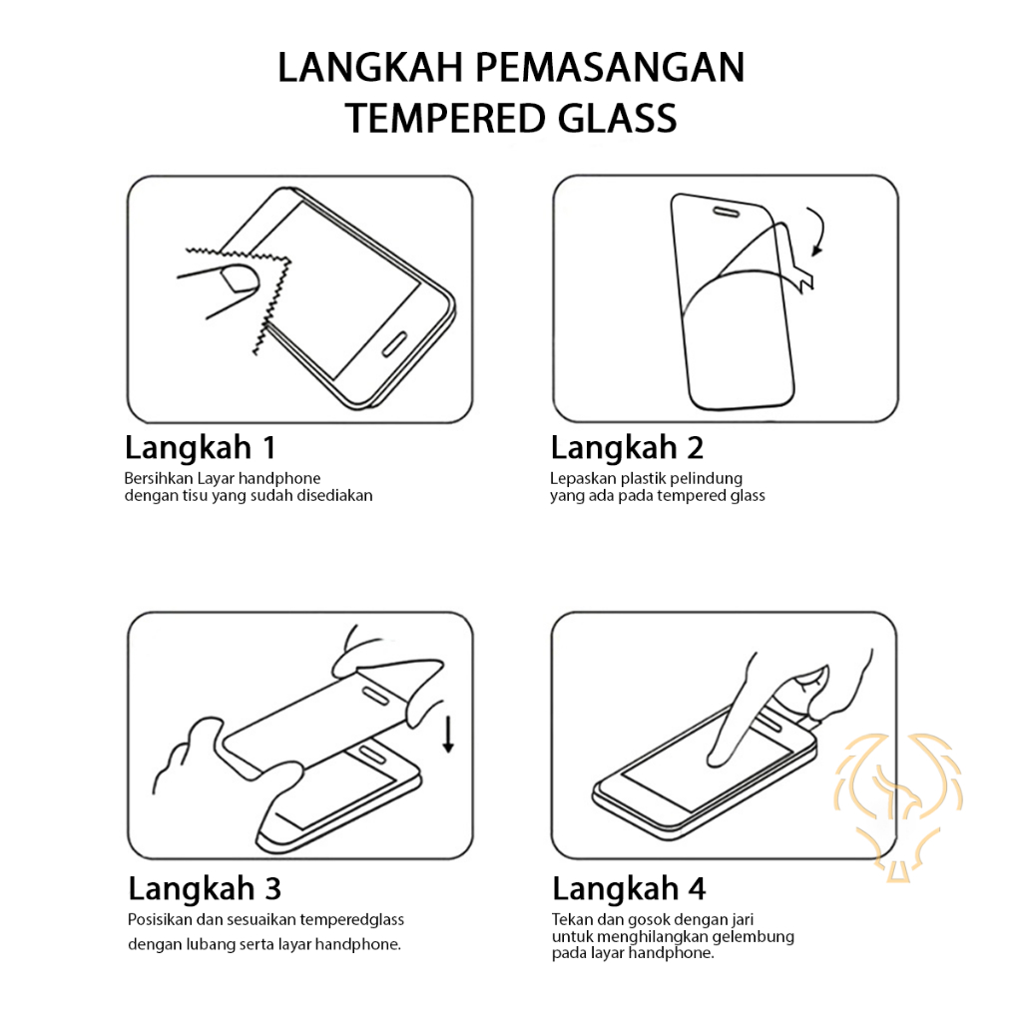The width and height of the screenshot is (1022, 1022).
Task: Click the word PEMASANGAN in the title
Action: [610, 67]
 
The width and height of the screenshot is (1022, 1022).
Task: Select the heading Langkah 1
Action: [200, 448]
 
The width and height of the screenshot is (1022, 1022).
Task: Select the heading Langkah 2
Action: [627, 448]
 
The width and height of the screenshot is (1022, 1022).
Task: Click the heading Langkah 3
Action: [205, 889]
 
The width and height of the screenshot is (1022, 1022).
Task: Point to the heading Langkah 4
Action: [629, 889]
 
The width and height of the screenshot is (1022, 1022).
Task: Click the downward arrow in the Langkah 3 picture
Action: [448, 734]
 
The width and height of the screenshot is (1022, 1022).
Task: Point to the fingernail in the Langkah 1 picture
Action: [240, 278]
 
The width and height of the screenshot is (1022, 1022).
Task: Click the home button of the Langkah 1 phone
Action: [393, 344]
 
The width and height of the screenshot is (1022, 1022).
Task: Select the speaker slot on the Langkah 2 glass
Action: [726, 212]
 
